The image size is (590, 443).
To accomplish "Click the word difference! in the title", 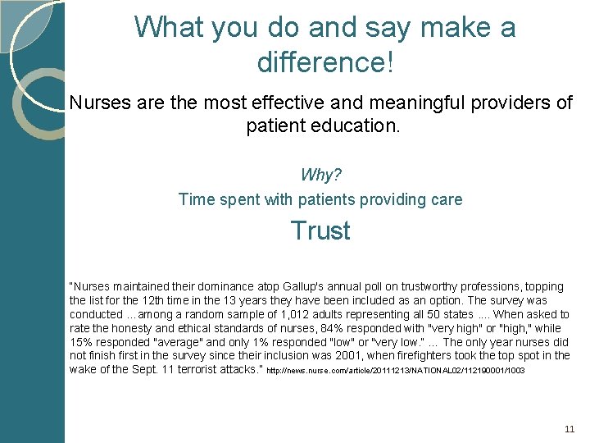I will pyautogui.click(x=325, y=62).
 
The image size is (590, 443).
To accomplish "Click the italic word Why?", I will pyautogui.click(x=320, y=175).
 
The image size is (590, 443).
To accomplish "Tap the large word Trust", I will pyautogui.click(x=320, y=231).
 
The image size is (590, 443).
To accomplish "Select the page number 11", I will pyautogui.click(x=570, y=429).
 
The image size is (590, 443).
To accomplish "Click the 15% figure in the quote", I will pyautogui.click(x=81, y=342).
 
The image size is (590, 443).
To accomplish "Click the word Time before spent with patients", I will pyautogui.click(x=197, y=199).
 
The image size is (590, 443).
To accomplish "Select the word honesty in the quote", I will pyautogui.click(x=130, y=328).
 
